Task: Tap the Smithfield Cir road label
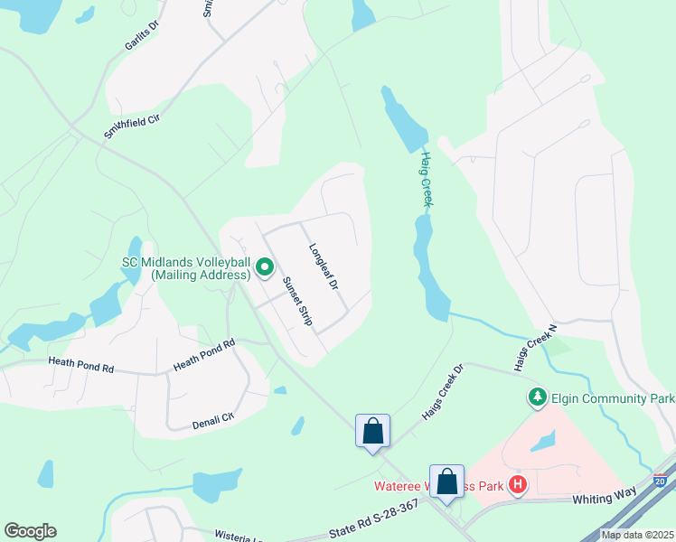pos(131,119)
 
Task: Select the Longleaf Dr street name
pos(323,266)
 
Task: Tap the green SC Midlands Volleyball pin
pos(265,267)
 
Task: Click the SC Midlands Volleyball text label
pos(185,268)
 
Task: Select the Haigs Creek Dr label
pos(443,392)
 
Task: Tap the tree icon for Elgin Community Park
pos(537,397)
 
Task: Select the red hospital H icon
pos(518,485)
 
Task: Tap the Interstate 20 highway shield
pos(661,481)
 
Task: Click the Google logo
pos(30,531)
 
